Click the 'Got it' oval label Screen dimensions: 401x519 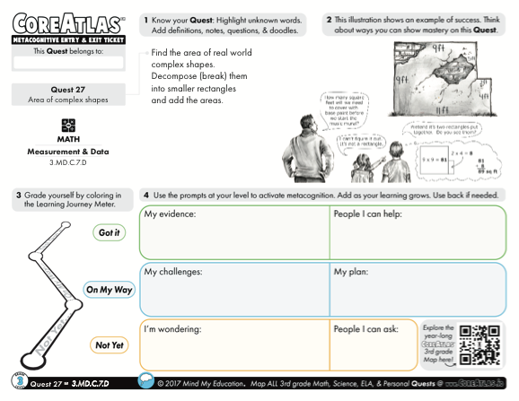[106, 232]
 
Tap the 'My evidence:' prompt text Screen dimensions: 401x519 [171, 215]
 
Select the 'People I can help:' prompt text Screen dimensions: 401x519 [367, 215]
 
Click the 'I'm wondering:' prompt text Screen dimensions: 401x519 [173, 328]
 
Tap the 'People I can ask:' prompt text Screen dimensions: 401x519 [365, 328]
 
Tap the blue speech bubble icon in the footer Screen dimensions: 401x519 [145, 384]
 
